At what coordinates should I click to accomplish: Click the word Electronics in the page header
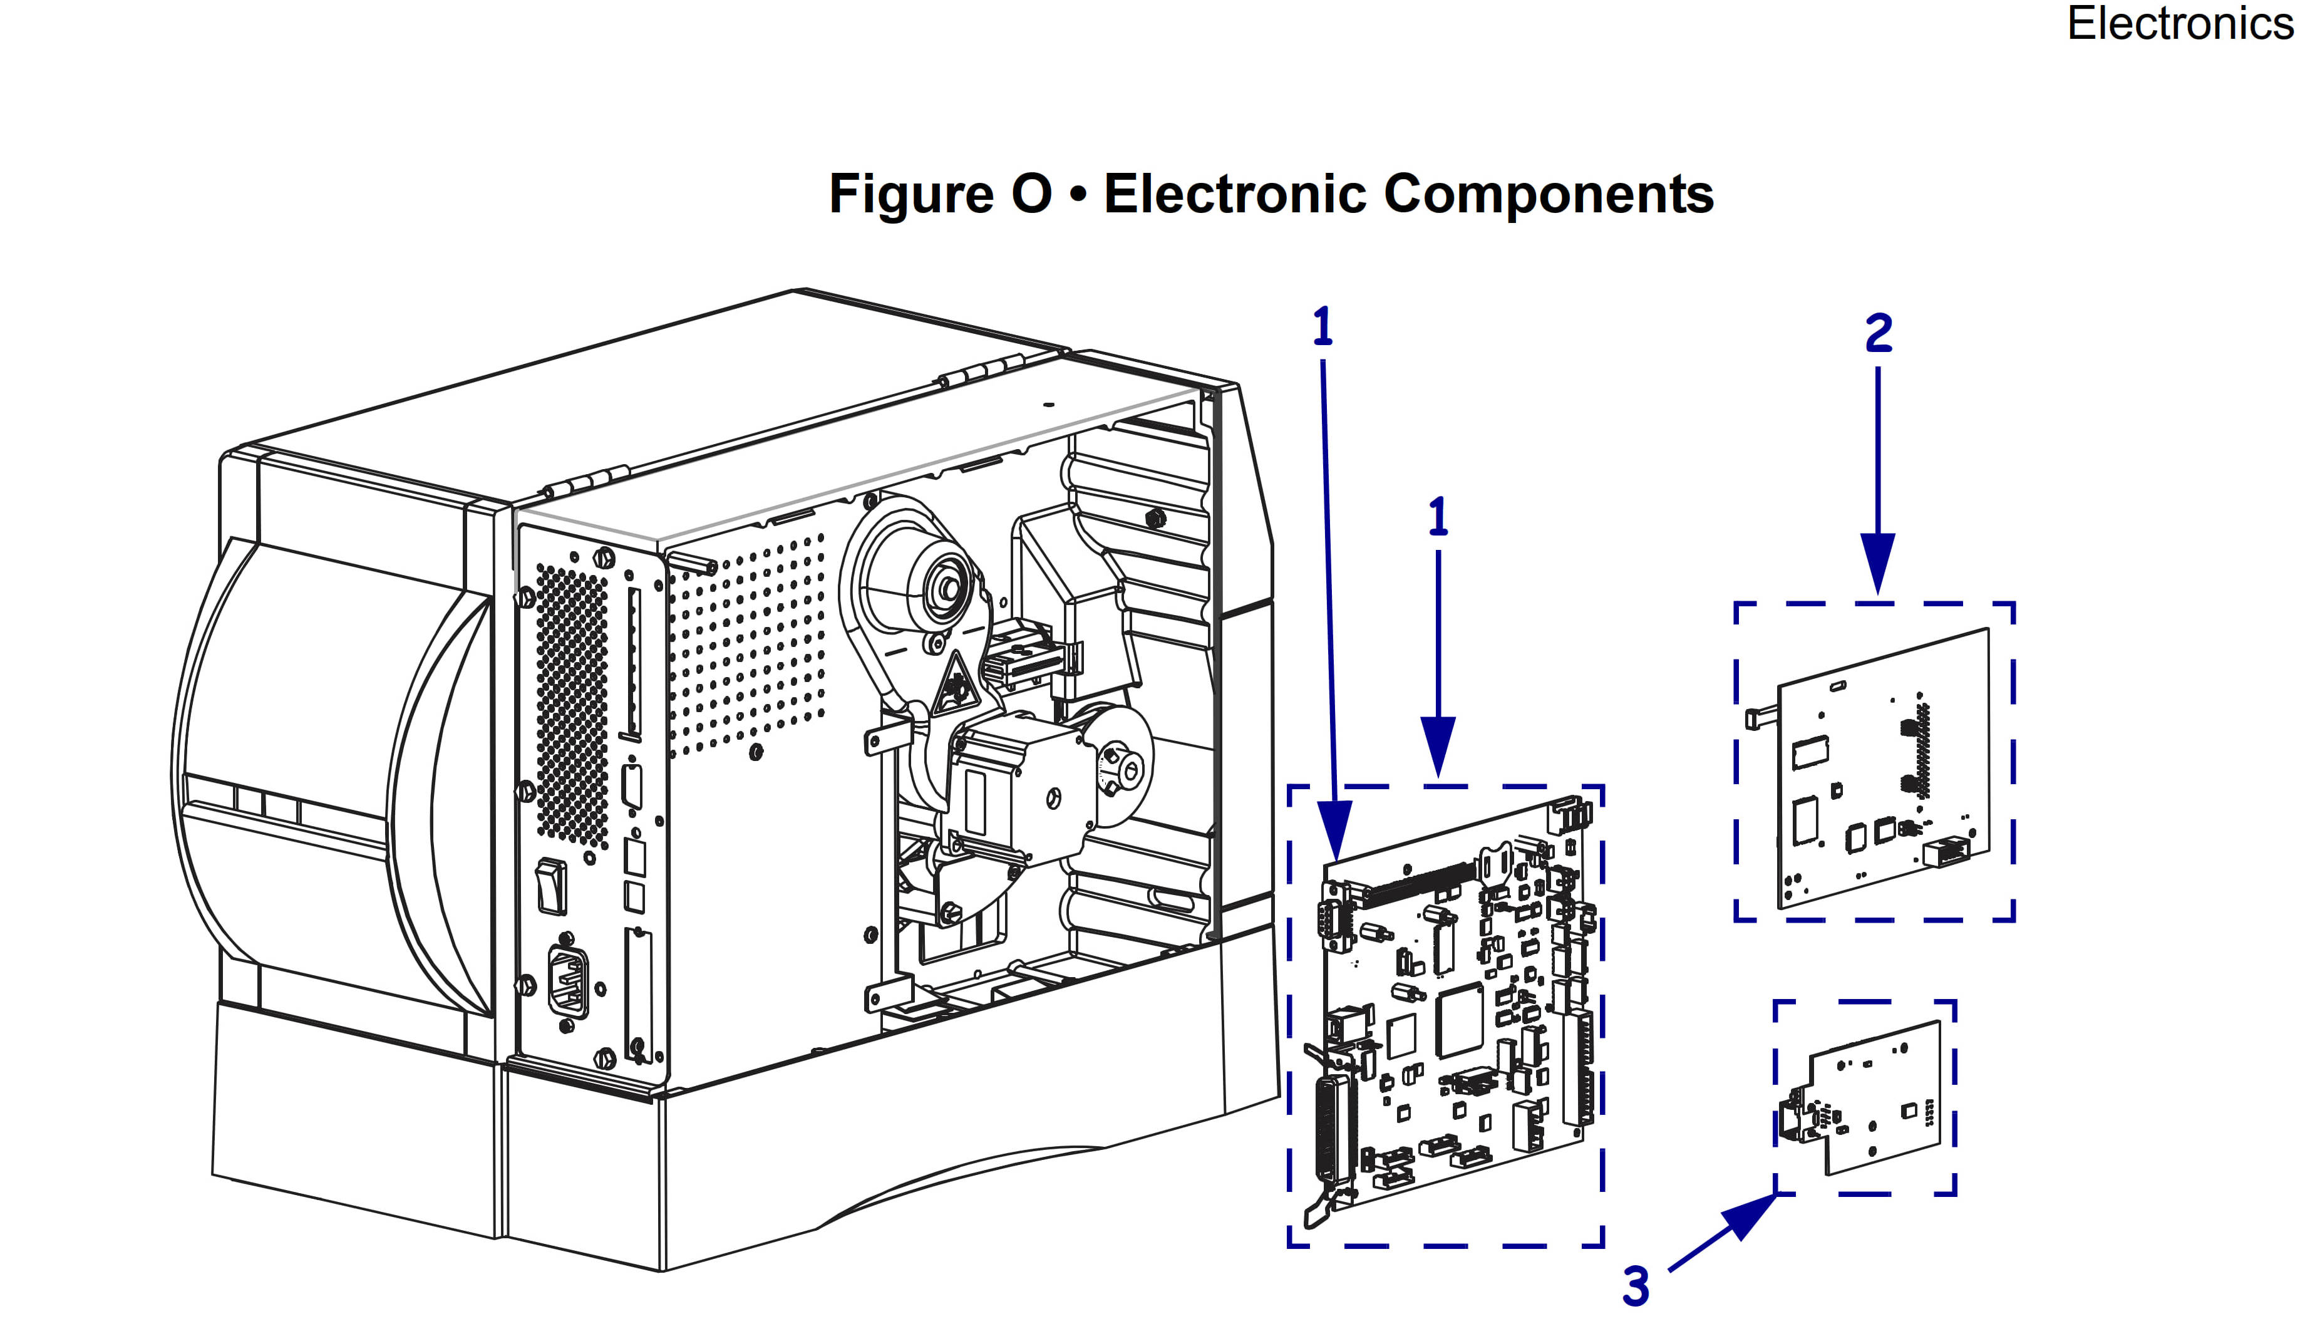pyautogui.click(x=2180, y=24)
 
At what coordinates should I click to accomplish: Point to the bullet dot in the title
pyautogui.click(x=1078, y=195)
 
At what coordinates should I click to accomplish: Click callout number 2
pyautogui.click(x=1878, y=333)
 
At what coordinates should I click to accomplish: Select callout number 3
pyautogui.click(x=1636, y=1286)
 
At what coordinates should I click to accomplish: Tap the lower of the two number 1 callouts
pyautogui.click(x=1438, y=518)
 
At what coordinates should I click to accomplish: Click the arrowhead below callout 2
pyautogui.click(x=1878, y=562)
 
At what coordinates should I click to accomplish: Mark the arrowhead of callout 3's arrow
pyautogui.click(x=1749, y=1214)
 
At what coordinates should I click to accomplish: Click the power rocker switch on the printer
pyautogui.click(x=550, y=886)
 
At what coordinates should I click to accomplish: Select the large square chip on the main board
pyautogui.click(x=1459, y=1021)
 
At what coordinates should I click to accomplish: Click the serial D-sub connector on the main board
pyautogui.click(x=1333, y=924)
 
